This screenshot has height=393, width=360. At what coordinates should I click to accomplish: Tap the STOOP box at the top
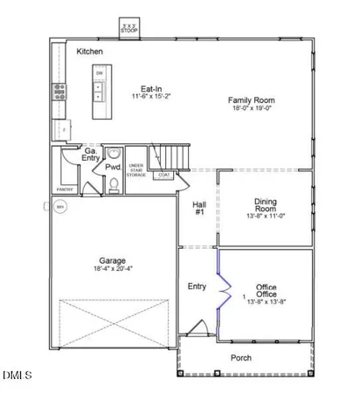130,29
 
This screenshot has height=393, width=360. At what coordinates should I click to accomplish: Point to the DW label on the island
100,73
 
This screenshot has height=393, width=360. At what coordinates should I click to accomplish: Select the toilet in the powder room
114,183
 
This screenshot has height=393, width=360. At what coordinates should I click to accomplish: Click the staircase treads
170,157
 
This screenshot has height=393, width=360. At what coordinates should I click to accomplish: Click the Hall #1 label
199,209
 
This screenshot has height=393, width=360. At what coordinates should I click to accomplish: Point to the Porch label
241,358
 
